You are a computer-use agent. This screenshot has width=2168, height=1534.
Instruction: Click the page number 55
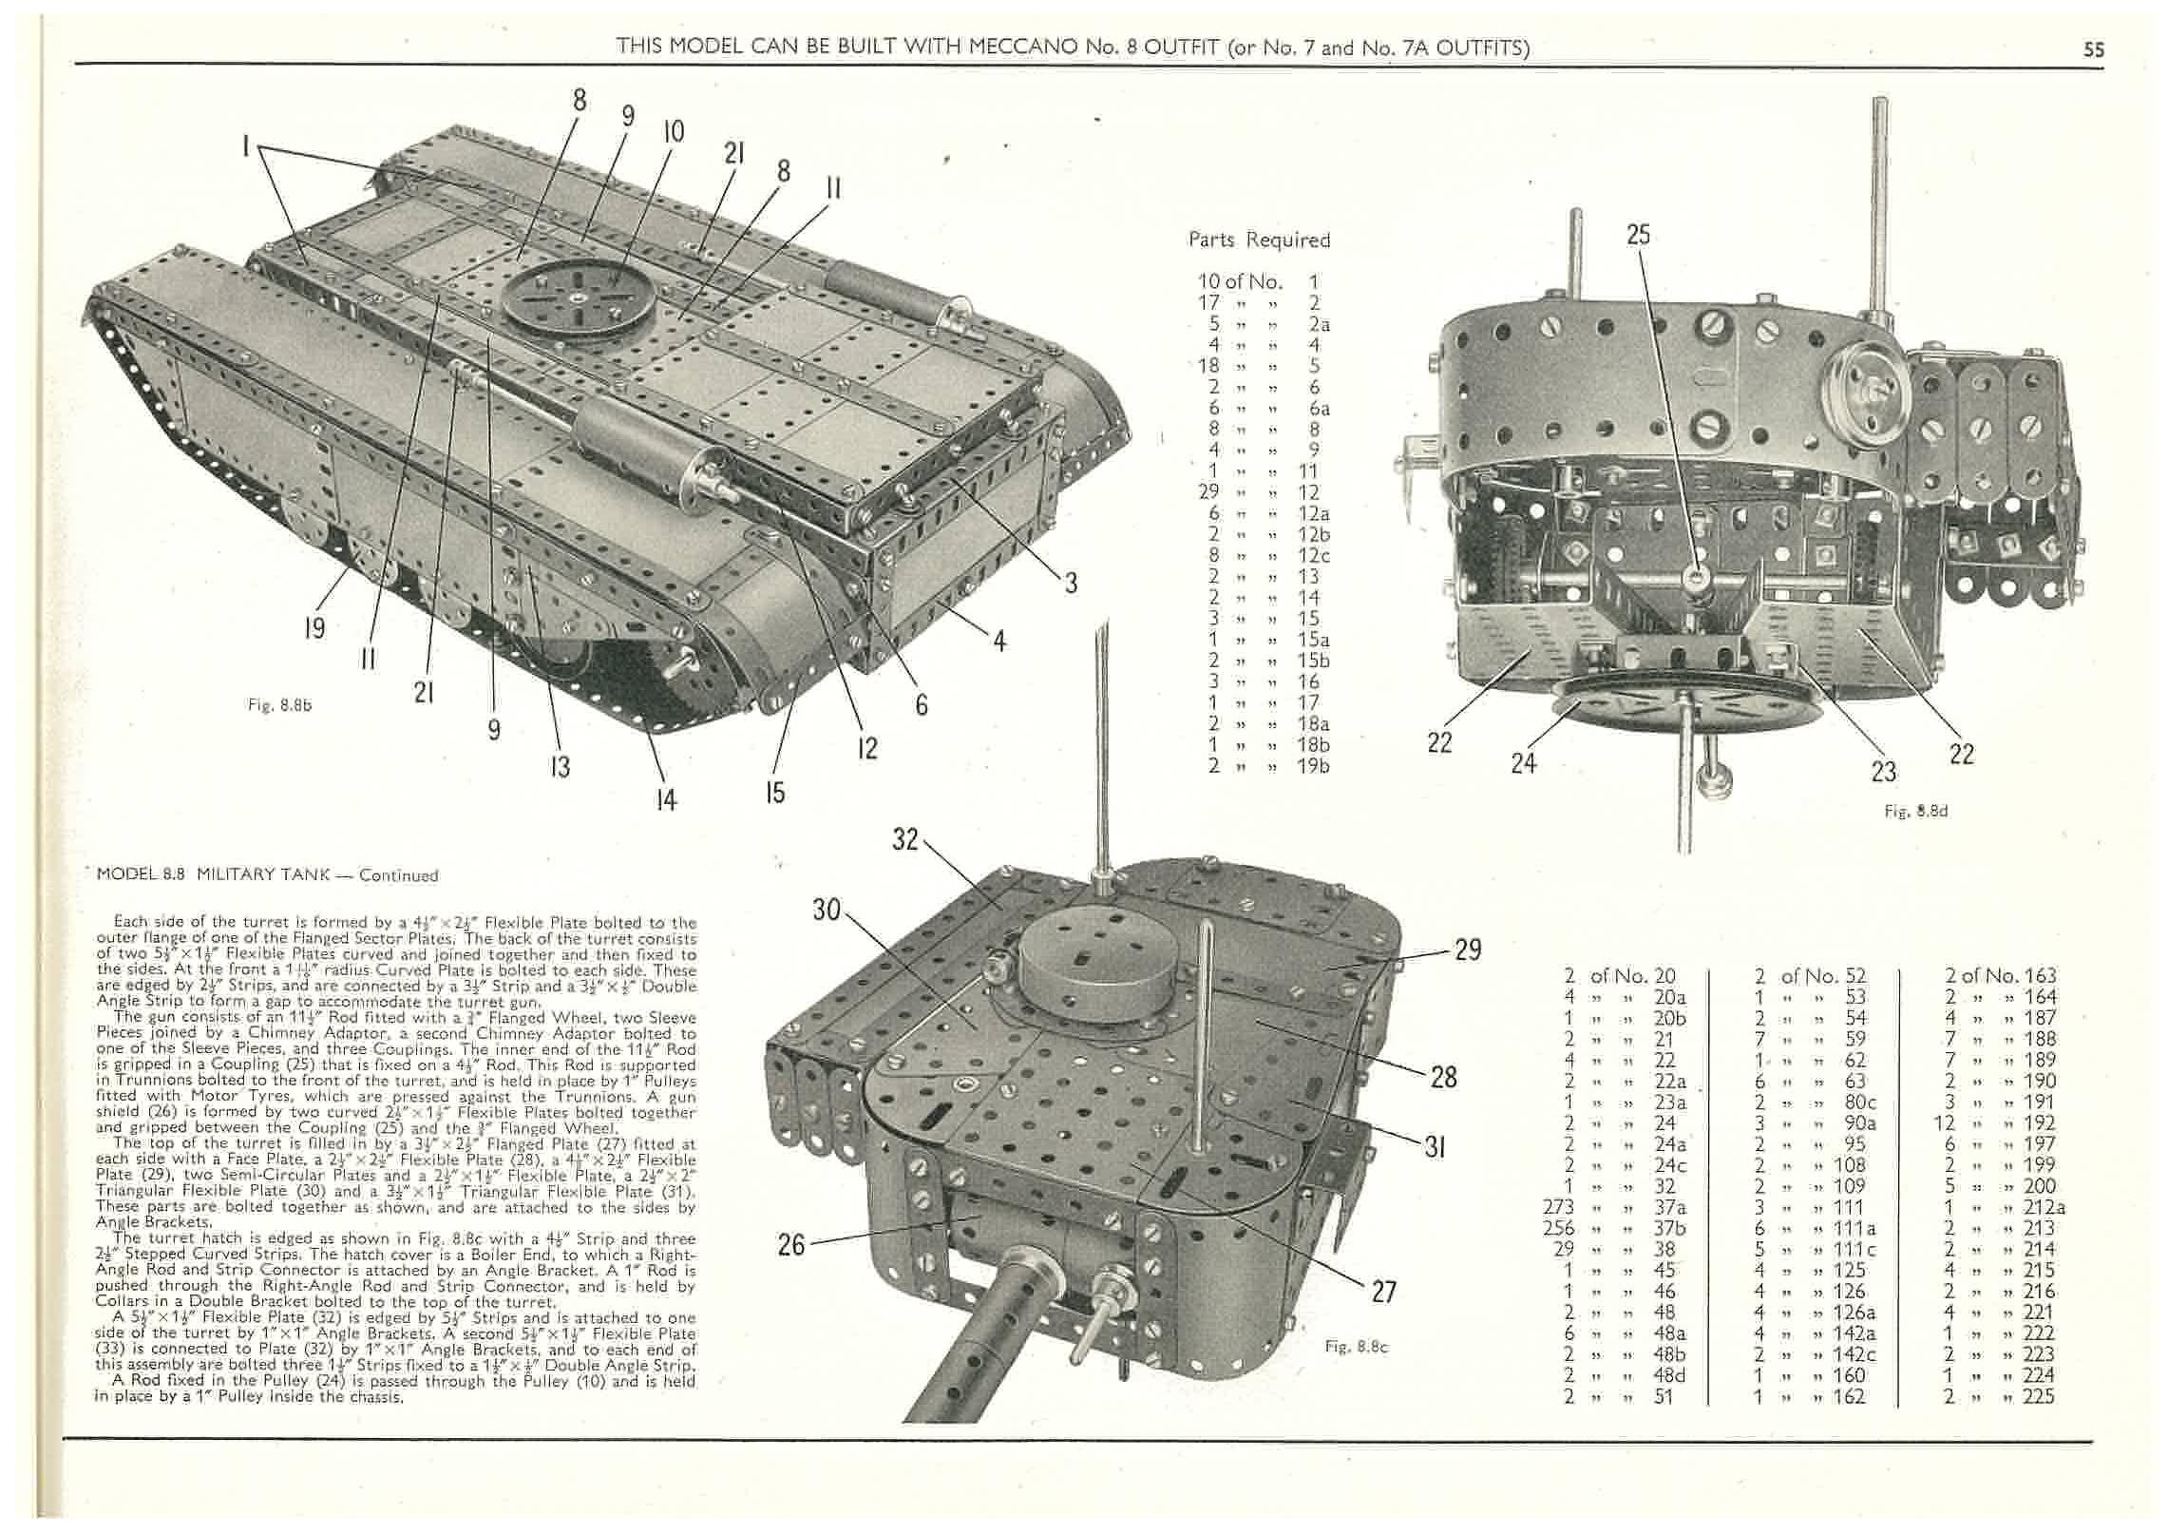click(x=2094, y=49)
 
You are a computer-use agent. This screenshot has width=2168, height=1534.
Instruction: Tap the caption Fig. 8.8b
click(x=280, y=705)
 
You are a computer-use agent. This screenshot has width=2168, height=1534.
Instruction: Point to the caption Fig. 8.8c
click(x=1357, y=1346)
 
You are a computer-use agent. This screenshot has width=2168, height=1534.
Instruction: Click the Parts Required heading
click(x=1259, y=240)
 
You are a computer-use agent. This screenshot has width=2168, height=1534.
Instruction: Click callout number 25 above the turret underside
click(x=1638, y=235)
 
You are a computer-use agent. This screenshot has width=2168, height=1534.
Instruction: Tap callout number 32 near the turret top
click(x=905, y=839)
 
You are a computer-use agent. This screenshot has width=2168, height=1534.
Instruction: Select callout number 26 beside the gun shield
click(x=791, y=1245)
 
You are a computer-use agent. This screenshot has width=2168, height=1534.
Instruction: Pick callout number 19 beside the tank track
click(x=314, y=627)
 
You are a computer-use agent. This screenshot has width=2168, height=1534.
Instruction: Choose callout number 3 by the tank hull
click(x=1071, y=583)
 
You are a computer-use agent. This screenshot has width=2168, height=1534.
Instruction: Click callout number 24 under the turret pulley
click(x=1523, y=762)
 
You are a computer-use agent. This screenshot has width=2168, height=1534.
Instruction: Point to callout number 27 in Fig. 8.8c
click(x=1384, y=1291)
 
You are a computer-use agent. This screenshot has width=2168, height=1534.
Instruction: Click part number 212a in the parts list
click(x=2043, y=1208)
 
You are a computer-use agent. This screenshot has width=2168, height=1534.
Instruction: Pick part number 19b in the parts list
click(x=1313, y=765)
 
